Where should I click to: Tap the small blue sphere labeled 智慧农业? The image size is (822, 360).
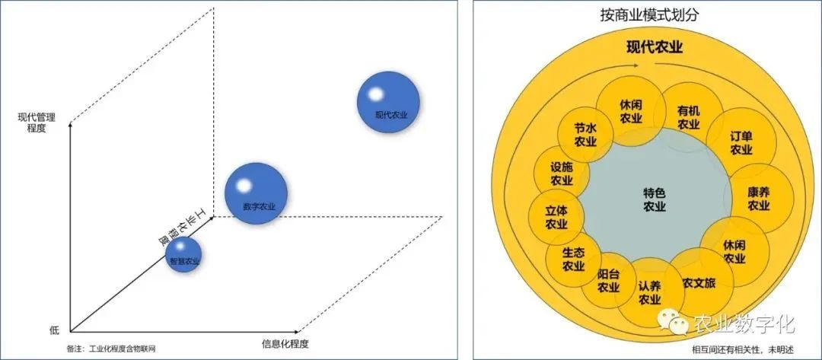183,255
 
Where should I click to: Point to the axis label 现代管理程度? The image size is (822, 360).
32,123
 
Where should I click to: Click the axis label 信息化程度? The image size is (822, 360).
285,343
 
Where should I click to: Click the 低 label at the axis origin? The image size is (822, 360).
54,330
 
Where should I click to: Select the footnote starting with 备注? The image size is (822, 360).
116,349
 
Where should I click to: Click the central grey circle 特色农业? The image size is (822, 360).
654,199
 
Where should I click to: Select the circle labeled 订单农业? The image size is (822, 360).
741,143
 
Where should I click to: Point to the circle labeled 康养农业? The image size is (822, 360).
757,199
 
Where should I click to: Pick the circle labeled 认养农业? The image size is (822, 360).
648,292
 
